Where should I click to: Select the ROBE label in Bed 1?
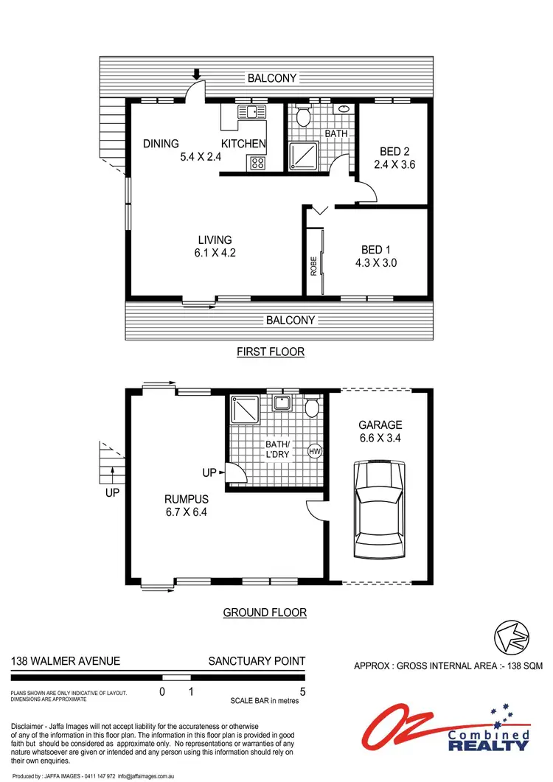pos(313,265)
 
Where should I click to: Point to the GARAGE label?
pos(380,425)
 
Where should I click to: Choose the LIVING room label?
pos(215,240)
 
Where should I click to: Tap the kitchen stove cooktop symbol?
pos(258,163)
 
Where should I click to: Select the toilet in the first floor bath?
pos(302,116)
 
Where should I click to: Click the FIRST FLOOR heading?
pos(270,352)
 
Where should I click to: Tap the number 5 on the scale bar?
pos(302,692)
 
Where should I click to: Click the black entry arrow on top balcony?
pos(197,74)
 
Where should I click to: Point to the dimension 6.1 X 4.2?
pos(215,253)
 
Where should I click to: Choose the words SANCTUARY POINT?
pos(257,661)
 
